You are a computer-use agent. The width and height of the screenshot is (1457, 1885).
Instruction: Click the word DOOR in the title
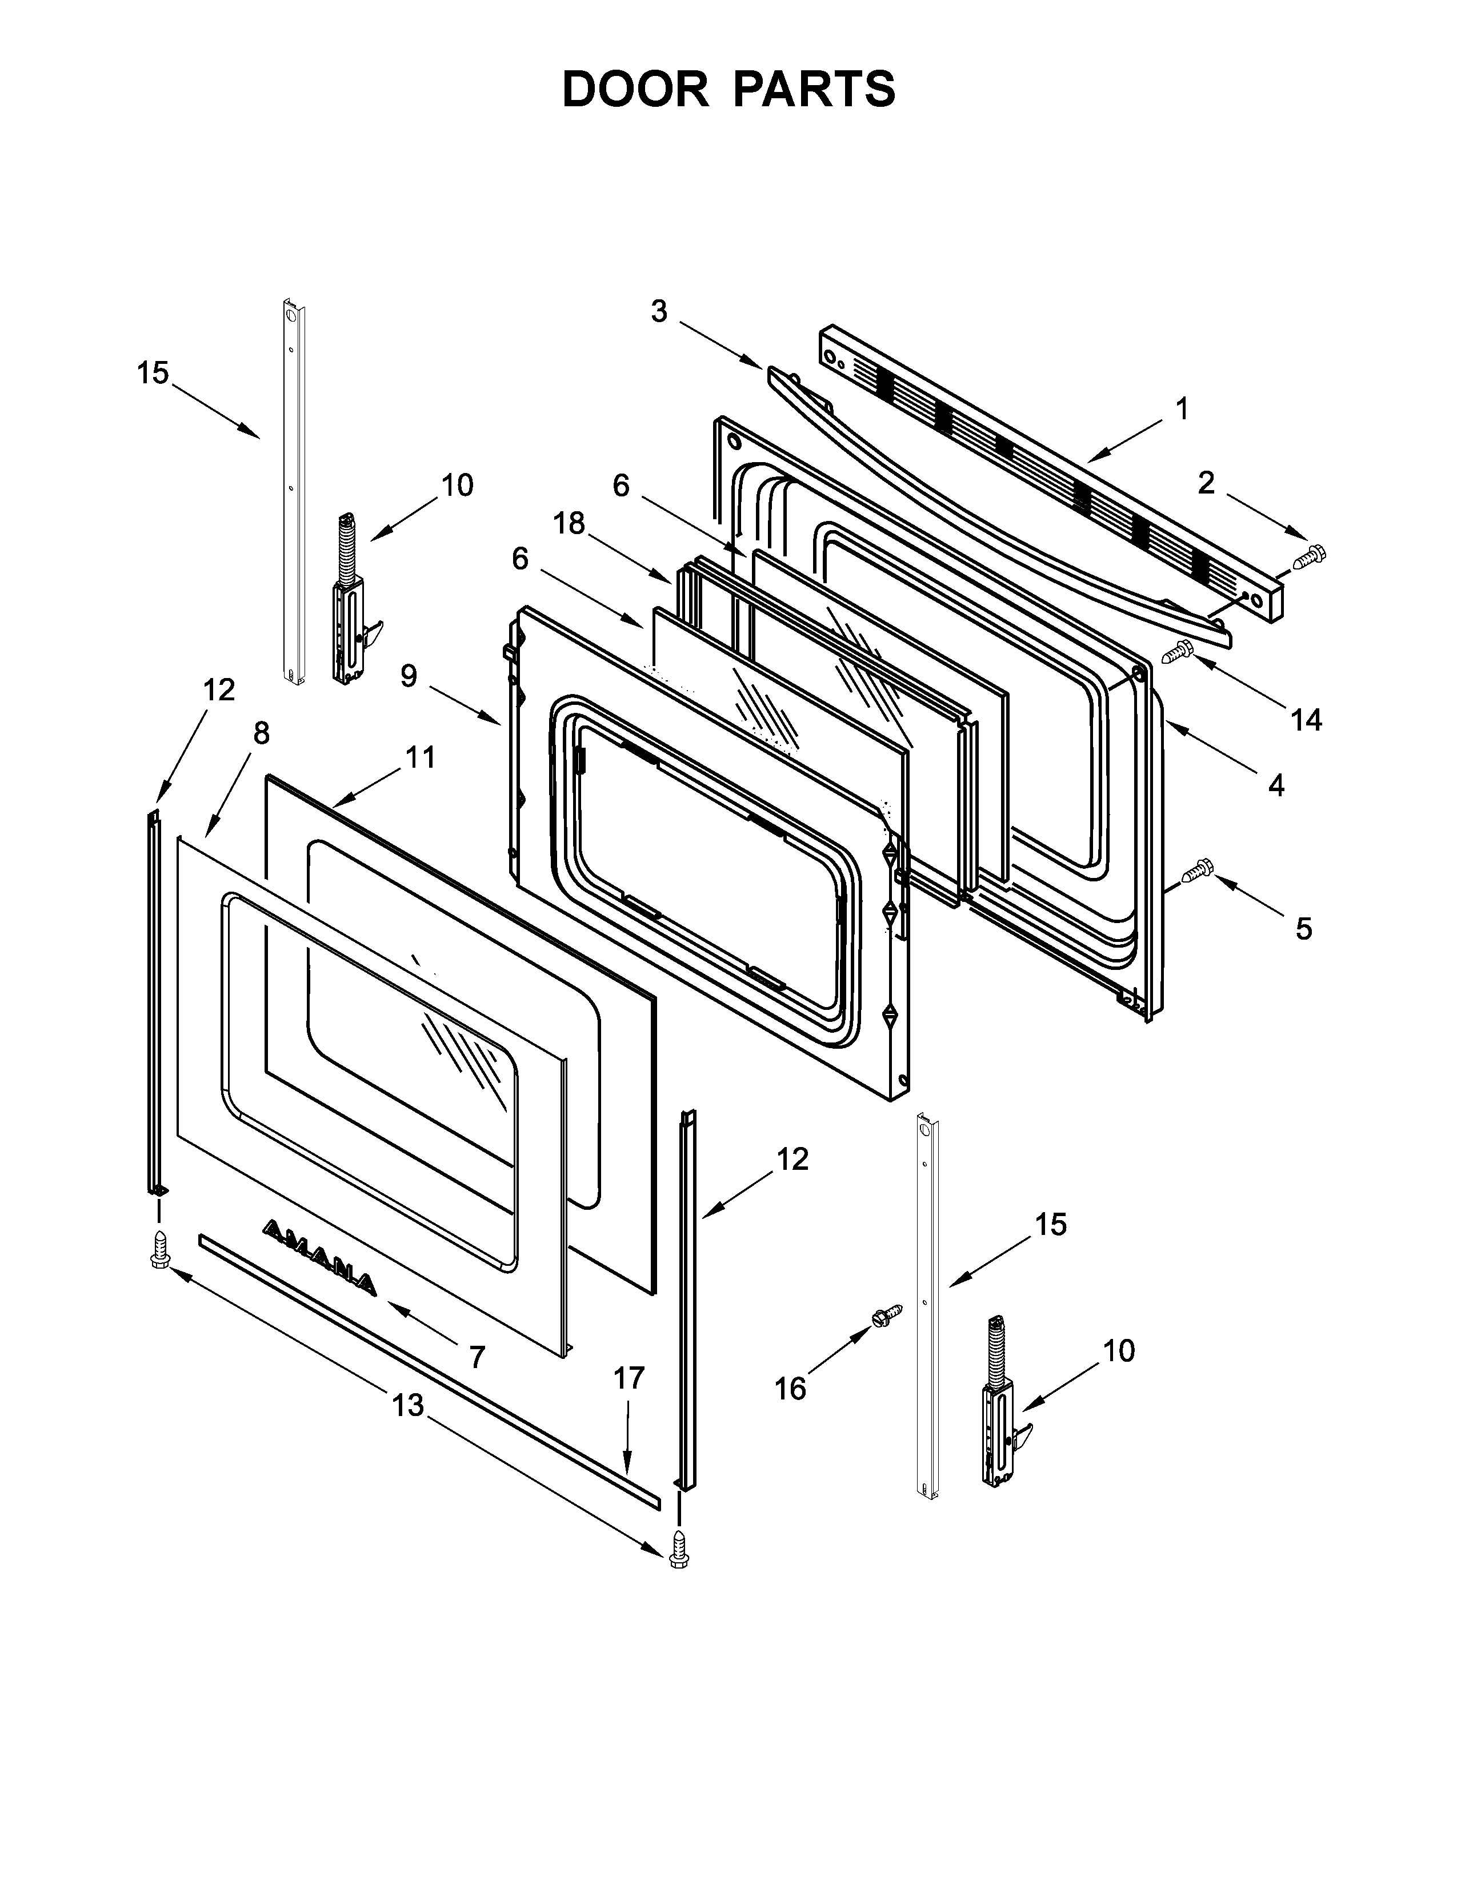tap(634, 89)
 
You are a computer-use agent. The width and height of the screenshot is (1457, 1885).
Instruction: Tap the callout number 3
tap(659, 311)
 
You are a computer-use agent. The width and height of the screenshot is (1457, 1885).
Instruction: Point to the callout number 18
tap(570, 523)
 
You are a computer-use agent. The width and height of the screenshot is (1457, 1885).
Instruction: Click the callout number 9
tap(409, 676)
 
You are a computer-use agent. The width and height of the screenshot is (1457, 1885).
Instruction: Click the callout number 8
tap(261, 733)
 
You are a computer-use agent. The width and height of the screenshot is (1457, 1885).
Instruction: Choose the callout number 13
tap(409, 1405)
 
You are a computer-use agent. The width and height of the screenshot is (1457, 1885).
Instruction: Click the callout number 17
tap(629, 1378)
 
